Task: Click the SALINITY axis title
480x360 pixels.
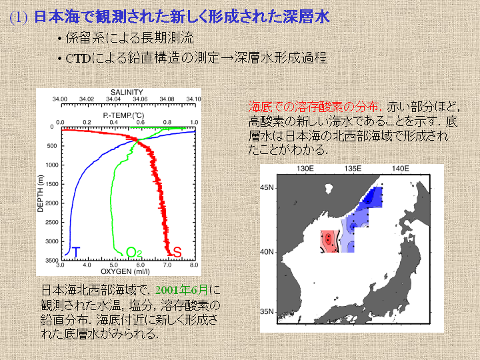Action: point(127,92)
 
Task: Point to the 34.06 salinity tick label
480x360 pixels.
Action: point(140,99)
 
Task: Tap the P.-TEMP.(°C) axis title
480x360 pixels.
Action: point(123,115)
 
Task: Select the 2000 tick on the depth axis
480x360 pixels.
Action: point(52,203)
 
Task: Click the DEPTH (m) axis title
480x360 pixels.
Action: point(41,193)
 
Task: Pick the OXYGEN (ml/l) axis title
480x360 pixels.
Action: point(125,271)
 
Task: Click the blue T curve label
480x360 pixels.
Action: point(75,252)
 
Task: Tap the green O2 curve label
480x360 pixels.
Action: point(134,253)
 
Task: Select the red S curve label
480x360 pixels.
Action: point(177,253)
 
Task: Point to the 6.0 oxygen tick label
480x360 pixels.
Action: point(141,265)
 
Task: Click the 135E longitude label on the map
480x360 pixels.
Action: point(353,169)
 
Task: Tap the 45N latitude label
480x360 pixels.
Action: point(267,187)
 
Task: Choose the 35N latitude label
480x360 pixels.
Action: point(267,311)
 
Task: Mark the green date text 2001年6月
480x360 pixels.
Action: point(182,289)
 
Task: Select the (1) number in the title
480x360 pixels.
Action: point(19,17)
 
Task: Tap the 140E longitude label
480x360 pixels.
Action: point(400,169)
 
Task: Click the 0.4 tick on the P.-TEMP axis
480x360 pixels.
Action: point(113,122)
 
